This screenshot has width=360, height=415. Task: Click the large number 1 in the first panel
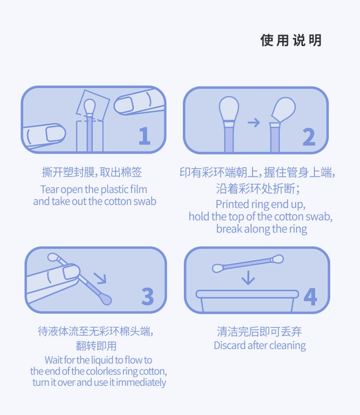click(x=144, y=135)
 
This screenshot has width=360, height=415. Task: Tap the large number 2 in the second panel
click(x=309, y=137)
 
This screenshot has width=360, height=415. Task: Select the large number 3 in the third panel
click(x=147, y=296)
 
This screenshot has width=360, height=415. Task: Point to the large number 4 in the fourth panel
click(x=310, y=297)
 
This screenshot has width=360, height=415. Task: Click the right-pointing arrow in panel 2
click(x=253, y=122)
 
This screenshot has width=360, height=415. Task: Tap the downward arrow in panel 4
click(x=248, y=277)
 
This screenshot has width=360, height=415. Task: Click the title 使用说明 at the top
click(x=291, y=40)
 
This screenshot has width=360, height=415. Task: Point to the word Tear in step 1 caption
click(x=49, y=190)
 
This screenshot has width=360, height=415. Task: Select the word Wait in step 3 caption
click(x=54, y=360)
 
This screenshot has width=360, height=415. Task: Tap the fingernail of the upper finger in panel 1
click(x=124, y=104)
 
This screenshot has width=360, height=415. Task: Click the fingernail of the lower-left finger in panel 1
click(x=55, y=133)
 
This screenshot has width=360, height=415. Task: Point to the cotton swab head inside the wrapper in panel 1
click(x=89, y=106)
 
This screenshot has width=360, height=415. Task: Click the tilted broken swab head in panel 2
click(x=283, y=110)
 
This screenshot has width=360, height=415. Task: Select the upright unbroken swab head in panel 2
click(x=229, y=109)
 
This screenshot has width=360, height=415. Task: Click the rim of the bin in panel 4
click(x=247, y=294)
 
